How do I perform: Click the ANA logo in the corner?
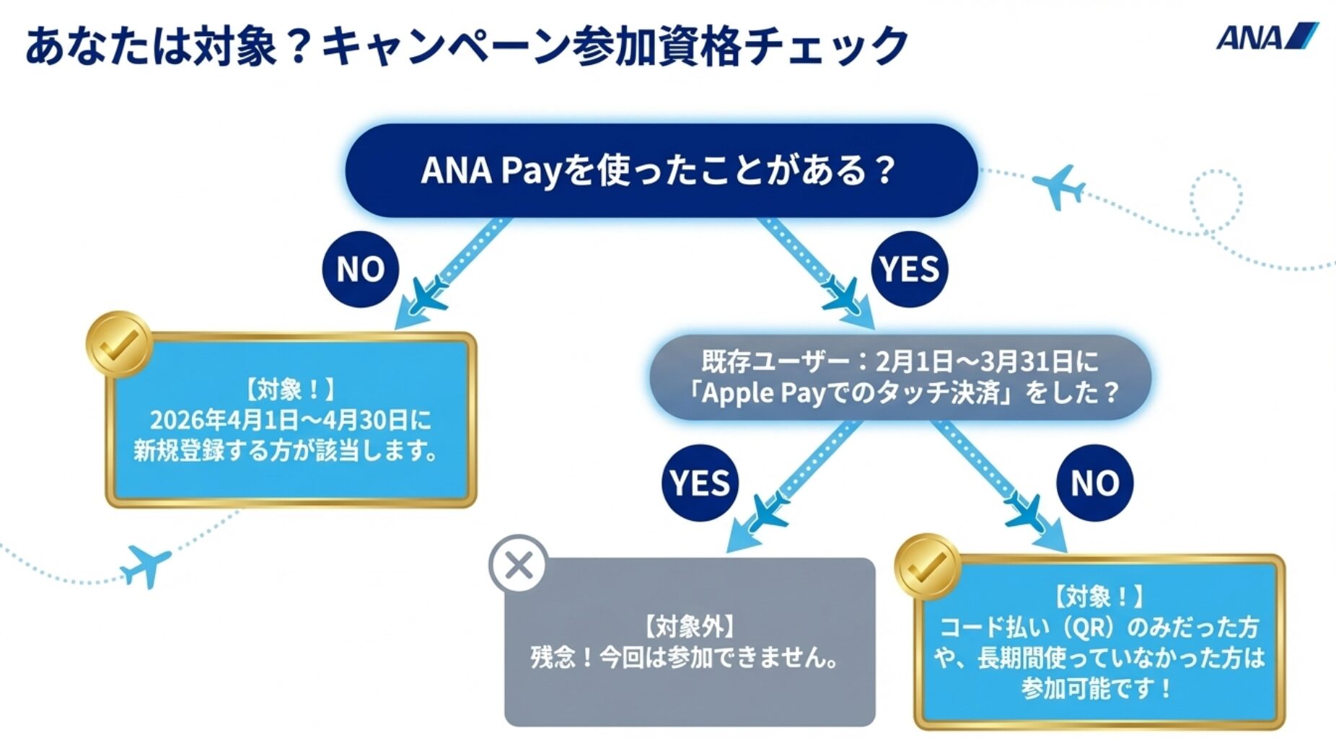1266,37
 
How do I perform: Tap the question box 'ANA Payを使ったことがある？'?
660,171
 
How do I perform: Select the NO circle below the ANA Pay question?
360,269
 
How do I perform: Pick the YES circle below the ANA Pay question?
909,269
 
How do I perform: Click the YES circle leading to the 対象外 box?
700,483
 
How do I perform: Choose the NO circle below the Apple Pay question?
1094,483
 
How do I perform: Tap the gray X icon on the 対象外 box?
519,565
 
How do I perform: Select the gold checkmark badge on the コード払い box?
927,566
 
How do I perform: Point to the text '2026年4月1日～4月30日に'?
290,420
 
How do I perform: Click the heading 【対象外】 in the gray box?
689,626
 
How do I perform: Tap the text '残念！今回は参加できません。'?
686,657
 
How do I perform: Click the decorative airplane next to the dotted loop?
1058,187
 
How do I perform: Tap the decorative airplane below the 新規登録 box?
146,565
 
